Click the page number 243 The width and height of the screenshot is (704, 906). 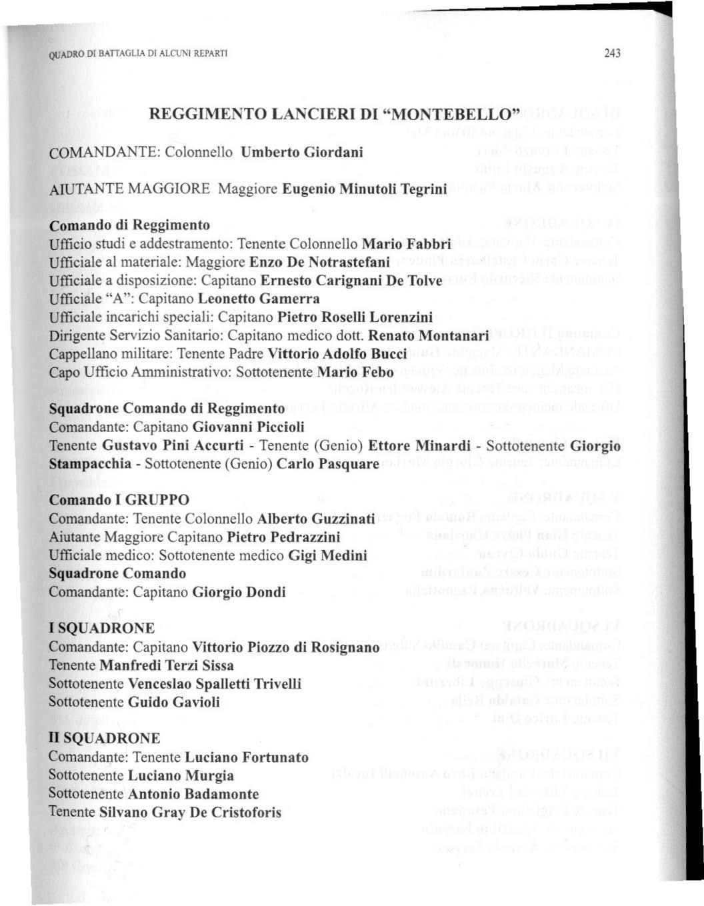tap(611, 53)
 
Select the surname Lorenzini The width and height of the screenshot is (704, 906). tap(401, 317)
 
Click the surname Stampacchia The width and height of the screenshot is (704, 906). tap(90, 463)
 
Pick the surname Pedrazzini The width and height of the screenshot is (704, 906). tap(303, 537)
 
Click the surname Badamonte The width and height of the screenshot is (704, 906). tap(221, 794)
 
